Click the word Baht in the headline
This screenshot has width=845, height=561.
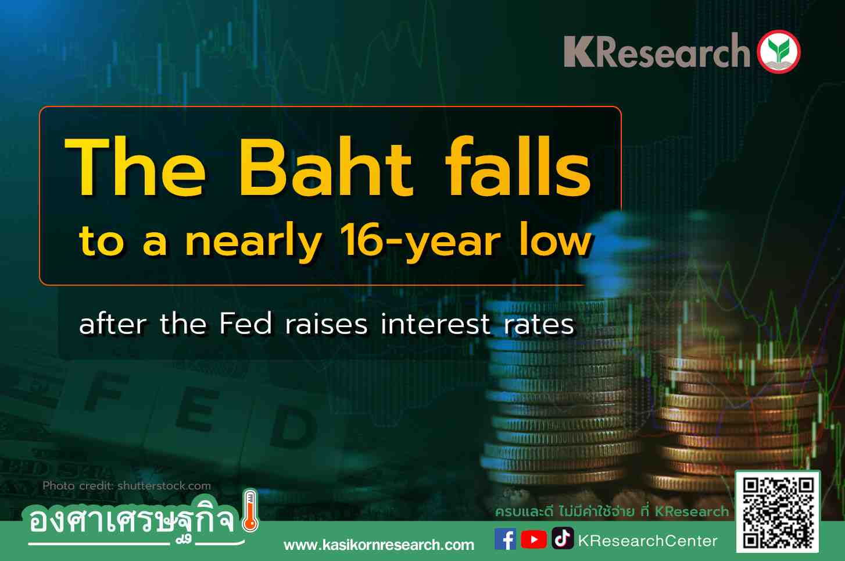coord(325,166)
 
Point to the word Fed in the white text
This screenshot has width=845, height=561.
coord(246,324)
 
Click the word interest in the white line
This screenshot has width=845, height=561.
coord(435,324)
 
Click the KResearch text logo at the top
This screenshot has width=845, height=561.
coord(657,51)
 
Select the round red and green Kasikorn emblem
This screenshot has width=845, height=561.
coord(779,52)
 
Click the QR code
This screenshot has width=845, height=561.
coord(778,512)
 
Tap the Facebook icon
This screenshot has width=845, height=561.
coord(505,539)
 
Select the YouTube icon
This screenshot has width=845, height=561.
coord(534,539)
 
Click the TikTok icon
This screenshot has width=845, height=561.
coord(563,538)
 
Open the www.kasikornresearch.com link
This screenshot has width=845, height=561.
coord(379,545)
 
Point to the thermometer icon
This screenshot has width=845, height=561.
coord(250,511)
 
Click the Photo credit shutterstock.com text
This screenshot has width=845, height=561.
coord(127,485)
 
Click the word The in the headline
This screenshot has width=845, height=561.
coord(135,166)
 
